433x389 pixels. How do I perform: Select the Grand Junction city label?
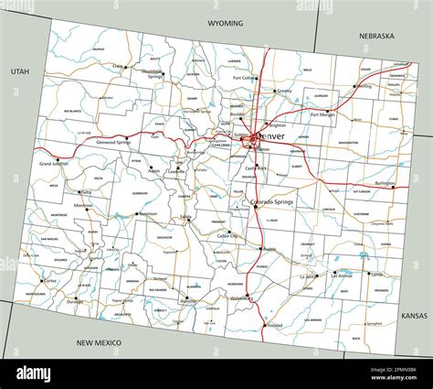pyautogui.click(x=55, y=164)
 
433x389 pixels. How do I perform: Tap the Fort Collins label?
pyautogui.click(x=244, y=79)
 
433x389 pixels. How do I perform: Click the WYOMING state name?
pyautogui.click(x=225, y=23)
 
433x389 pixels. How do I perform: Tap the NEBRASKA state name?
pyautogui.click(x=375, y=37)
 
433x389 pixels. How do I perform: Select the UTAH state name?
pyautogui.click(x=20, y=70)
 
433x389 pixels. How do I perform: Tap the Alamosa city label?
pyautogui.click(x=187, y=299)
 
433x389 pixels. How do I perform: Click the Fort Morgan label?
pyautogui.click(x=322, y=114)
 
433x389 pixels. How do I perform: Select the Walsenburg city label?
pyautogui.click(x=241, y=298)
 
